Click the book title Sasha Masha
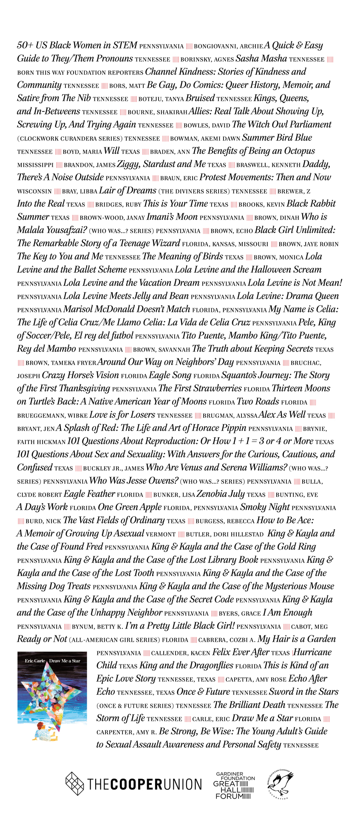(261, 59)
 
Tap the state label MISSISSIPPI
(35, 165)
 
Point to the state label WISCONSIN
(34, 191)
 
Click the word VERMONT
(161, 534)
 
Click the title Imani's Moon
(172, 217)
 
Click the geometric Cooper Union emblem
(74, 783)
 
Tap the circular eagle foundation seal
(280, 784)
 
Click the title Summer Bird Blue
(277, 138)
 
